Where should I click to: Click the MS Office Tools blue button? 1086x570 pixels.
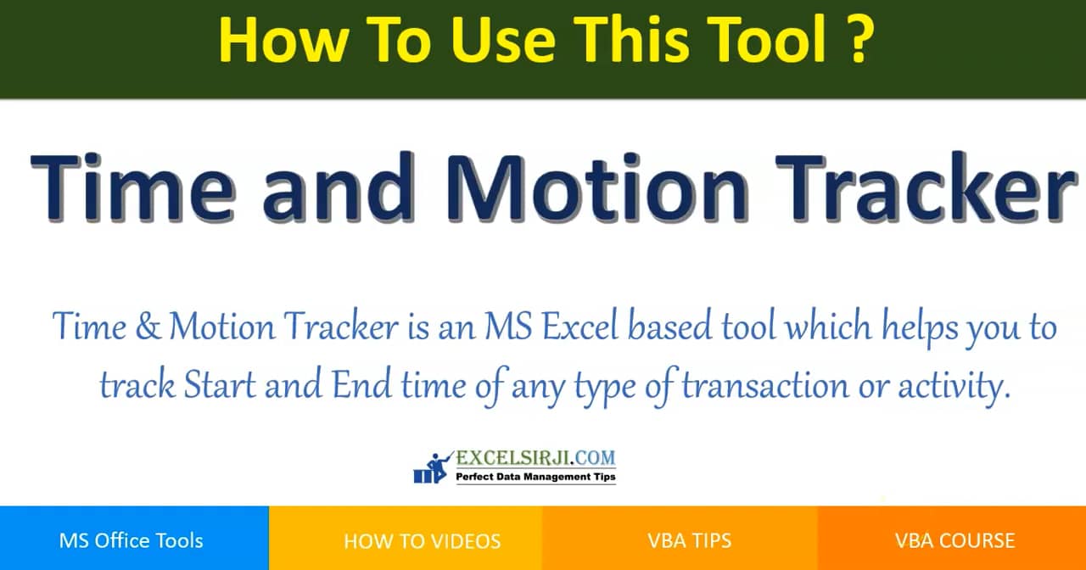click(132, 540)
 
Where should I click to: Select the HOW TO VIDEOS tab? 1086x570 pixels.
click(422, 540)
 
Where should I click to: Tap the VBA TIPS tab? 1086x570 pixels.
click(689, 540)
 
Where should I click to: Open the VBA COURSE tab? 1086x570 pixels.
click(954, 540)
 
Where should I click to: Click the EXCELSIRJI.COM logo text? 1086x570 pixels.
click(535, 459)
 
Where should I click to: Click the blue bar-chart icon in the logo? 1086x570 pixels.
click(432, 469)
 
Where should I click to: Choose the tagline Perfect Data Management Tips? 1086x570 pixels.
click(535, 478)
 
